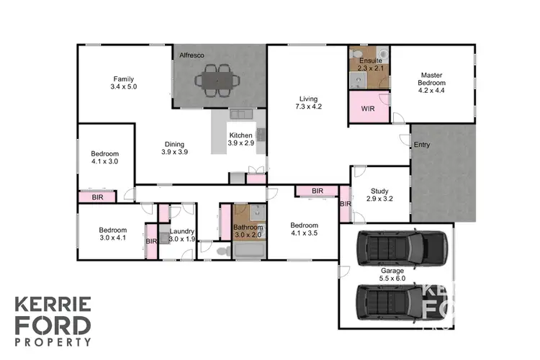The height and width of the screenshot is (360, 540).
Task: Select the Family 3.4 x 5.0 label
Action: [124, 83]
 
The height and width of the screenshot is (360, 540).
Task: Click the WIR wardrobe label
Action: [368, 109]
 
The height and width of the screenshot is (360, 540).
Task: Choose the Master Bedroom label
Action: [432, 79]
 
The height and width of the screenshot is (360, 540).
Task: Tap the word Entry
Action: [422, 145]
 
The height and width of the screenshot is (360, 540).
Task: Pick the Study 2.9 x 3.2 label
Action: [379, 194]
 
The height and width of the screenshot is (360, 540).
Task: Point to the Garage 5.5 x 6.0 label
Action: [392, 274]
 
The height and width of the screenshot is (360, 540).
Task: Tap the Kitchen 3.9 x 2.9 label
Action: [240, 139]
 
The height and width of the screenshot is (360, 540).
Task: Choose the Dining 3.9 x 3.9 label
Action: [174, 148]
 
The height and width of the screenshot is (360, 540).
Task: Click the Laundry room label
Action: [181, 235]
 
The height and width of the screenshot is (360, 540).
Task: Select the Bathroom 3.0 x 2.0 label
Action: [248, 231]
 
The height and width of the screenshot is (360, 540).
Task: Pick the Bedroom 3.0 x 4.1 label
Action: [112, 233]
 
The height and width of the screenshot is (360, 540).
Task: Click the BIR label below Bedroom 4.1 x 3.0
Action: [98, 197]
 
